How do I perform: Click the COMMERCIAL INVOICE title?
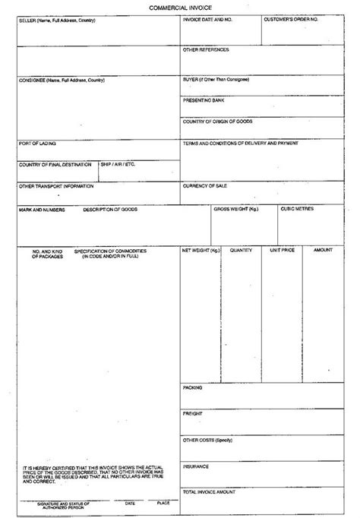(179, 7)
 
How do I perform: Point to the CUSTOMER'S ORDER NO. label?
(291, 18)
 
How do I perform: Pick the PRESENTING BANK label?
(203, 99)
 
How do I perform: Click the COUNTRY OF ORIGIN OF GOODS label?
(217, 121)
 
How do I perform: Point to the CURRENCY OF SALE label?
(207, 185)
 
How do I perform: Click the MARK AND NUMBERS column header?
(42, 209)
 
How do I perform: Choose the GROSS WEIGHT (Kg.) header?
(235, 209)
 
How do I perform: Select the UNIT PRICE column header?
(283, 250)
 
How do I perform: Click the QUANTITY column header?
(241, 250)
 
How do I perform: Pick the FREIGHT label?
(191, 413)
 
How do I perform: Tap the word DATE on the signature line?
(130, 503)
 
